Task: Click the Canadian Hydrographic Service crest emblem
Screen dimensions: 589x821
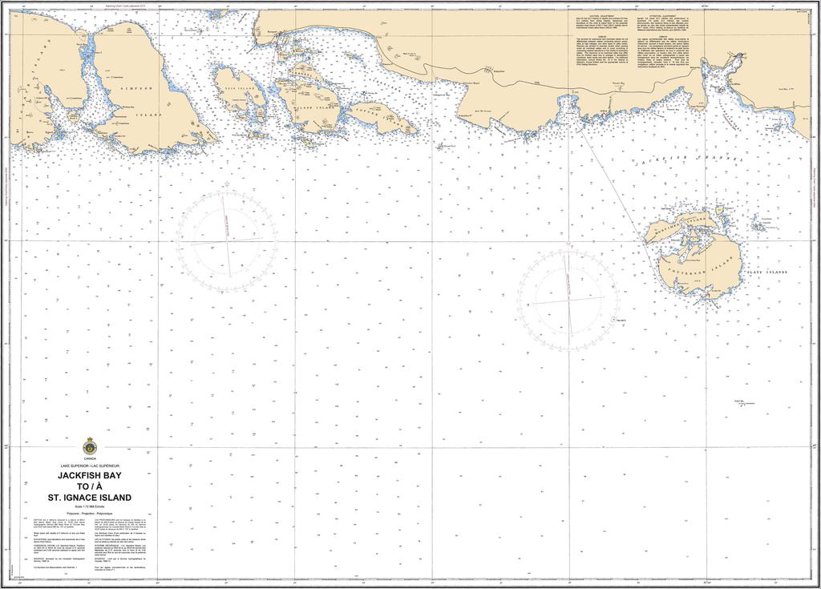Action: pyautogui.click(x=89, y=446)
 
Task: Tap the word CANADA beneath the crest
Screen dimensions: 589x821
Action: pyautogui.click(x=89, y=459)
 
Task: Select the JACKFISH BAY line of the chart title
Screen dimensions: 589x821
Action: pyautogui.click(x=89, y=474)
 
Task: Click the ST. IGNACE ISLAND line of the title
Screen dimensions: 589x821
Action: pyautogui.click(x=89, y=497)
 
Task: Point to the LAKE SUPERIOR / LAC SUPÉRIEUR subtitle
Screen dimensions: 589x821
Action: pyautogui.click(x=89, y=466)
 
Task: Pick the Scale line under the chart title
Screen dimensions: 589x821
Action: pyautogui.click(x=89, y=506)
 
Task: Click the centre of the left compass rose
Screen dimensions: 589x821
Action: pyautogui.click(x=228, y=238)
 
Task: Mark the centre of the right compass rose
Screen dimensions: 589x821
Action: pyautogui.click(x=568, y=301)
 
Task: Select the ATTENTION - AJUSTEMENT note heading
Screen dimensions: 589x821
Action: pyautogui.click(x=665, y=15)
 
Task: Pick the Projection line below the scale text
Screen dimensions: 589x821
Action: pyautogui.click(x=89, y=512)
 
